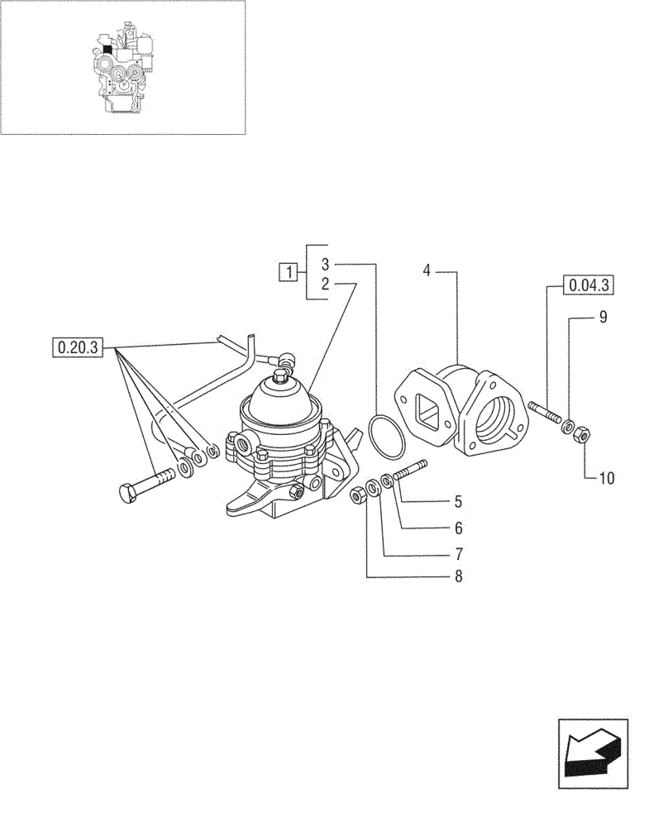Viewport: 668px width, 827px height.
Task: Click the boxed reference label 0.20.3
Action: pos(76,347)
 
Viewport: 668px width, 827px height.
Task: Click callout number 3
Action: pos(325,265)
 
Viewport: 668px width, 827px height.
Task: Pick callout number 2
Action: pos(325,284)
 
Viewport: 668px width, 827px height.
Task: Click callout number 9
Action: pos(604,317)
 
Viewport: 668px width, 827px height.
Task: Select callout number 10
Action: pos(608,478)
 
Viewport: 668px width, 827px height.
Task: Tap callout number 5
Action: pos(457,501)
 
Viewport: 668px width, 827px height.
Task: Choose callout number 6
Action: pos(457,527)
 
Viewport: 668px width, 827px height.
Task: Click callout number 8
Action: pos(457,576)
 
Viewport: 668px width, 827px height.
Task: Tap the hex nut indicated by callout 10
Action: pos(582,432)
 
